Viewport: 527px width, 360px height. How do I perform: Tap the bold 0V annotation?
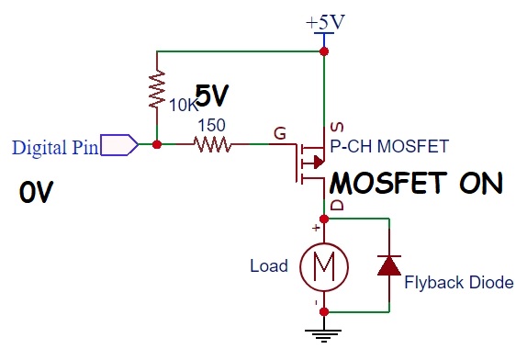click(x=37, y=193)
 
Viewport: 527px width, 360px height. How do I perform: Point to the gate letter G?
click(x=279, y=133)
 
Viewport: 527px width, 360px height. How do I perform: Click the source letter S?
click(x=336, y=126)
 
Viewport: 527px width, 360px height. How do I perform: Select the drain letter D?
click(x=336, y=204)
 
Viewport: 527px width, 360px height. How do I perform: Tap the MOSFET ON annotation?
click(x=416, y=183)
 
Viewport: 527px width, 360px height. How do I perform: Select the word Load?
click(x=269, y=267)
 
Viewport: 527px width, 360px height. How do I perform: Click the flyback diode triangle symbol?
click(x=390, y=265)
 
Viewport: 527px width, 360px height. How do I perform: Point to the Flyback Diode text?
click(x=459, y=282)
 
